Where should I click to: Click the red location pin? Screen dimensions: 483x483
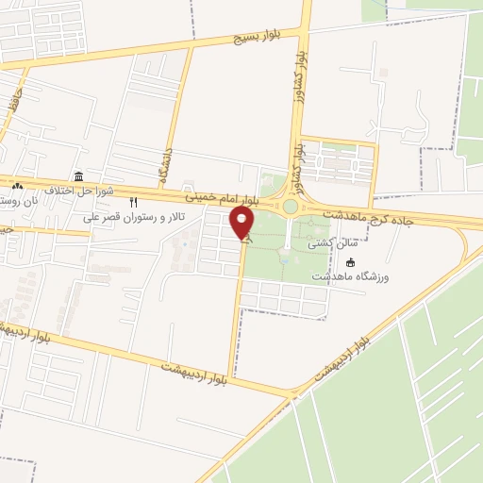[x=242, y=224]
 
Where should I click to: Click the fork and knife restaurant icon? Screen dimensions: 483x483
[x=133, y=202]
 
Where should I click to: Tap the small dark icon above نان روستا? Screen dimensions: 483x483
[x=17, y=185]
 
